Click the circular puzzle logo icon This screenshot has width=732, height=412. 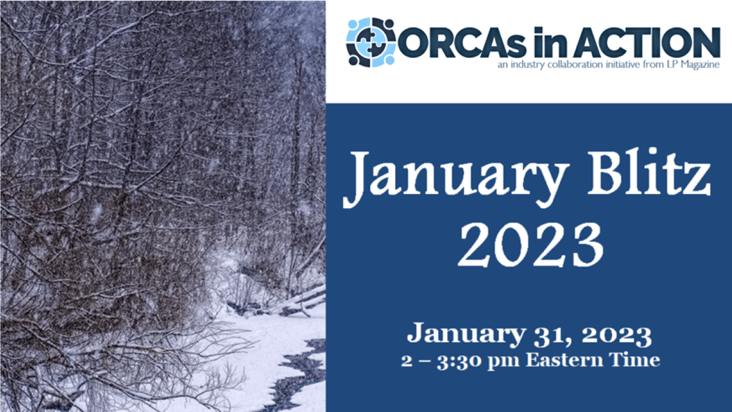pos(371,42)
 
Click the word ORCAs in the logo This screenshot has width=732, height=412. pos(462,43)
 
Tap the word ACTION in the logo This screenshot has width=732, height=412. pos(647,42)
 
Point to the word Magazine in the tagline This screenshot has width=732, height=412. pos(701,65)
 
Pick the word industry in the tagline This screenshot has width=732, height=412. pos(527,65)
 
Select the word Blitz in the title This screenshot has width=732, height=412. pos(649,172)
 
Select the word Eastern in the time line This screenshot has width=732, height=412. pos(564,360)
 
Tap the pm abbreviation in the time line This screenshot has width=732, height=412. pos(503,362)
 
